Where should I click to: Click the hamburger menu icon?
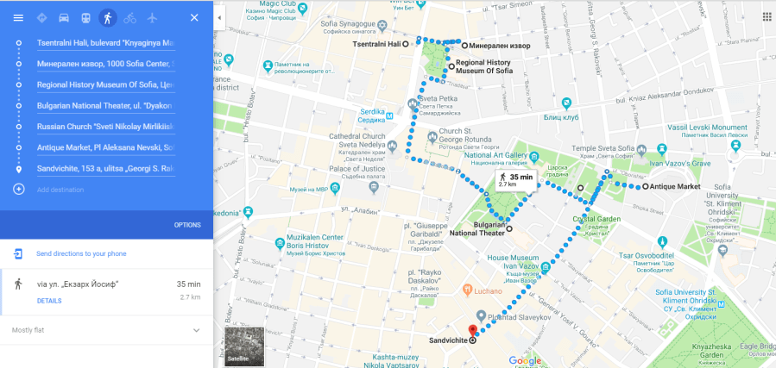tap(18, 17)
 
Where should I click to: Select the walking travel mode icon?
tap(107, 17)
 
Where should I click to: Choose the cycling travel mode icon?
tap(129, 17)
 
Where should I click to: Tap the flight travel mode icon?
tap(152, 17)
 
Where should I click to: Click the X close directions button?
tap(194, 17)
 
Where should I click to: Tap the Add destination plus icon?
tap(18, 189)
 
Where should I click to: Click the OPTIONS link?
tap(187, 225)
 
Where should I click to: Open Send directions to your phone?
tap(81, 254)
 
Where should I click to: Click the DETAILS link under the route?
tap(49, 301)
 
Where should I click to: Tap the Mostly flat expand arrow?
tap(196, 330)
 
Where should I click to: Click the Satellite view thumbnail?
tap(243, 345)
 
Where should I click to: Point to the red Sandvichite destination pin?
tap(472, 331)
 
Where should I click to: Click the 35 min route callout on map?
tap(516, 179)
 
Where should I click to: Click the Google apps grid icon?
tap(767, 16)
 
